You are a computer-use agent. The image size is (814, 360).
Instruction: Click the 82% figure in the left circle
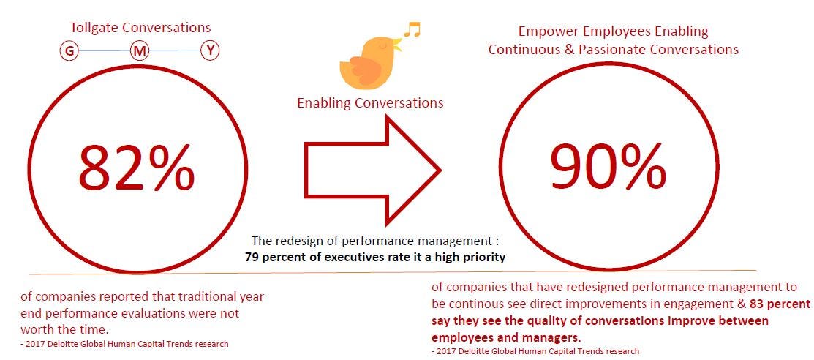(137, 168)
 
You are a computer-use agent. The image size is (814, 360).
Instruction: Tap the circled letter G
(69, 51)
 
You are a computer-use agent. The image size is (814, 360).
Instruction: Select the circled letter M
(140, 51)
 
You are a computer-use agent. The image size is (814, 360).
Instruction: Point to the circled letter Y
(210, 51)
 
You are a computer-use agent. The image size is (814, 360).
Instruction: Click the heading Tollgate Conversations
(140, 27)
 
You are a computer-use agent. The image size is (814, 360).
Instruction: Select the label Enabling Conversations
(370, 102)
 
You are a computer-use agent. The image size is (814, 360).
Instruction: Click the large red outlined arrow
(373, 170)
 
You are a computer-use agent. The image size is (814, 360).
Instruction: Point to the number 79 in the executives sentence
(253, 257)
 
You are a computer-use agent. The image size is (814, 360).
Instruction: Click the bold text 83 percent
(780, 304)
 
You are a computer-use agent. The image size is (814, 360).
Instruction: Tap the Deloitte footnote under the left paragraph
(124, 343)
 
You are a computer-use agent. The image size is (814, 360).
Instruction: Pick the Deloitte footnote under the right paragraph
(535, 351)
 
